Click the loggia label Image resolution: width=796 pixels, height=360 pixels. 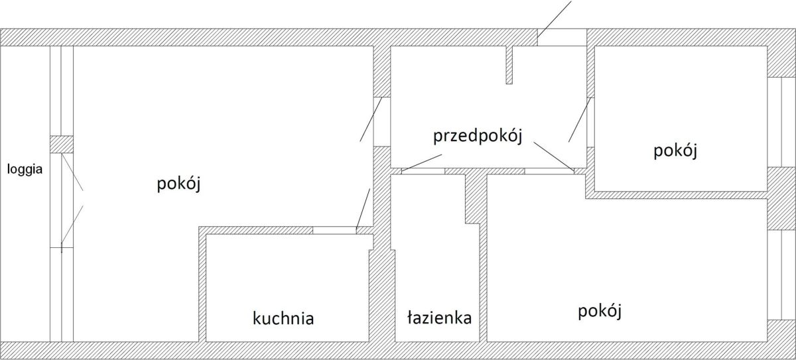25,169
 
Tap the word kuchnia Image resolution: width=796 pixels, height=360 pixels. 283,319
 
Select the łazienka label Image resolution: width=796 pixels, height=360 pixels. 439,318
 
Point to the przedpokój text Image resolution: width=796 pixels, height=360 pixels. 478,137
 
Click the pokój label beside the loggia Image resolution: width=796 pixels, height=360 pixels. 179,184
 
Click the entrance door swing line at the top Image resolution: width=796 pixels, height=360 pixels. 554,18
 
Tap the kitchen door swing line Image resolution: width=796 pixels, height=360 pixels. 363,209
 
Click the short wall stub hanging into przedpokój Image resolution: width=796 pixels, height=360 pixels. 509,65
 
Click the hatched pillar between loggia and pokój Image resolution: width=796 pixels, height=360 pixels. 62,145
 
